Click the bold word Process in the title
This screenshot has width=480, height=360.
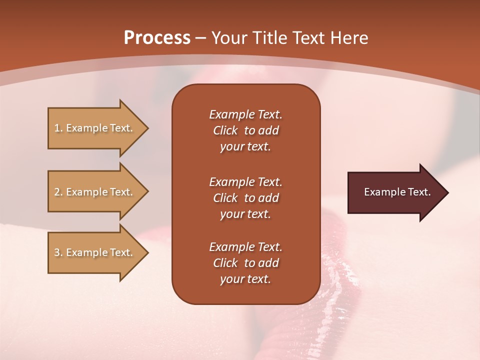tap(157, 37)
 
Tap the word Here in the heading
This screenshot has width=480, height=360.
tap(350, 37)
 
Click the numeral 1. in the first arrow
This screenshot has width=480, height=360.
tap(58, 128)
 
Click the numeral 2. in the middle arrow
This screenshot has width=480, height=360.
tap(58, 192)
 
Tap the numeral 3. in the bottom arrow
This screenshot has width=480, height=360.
tap(58, 252)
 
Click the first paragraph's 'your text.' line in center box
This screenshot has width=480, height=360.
tap(245, 147)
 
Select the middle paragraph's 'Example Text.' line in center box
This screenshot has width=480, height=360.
tap(245, 181)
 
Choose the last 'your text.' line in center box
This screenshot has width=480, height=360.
tap(245, 279)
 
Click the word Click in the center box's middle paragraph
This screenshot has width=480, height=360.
tap(225, 198)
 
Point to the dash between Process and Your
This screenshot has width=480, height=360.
tap(200, 38)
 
